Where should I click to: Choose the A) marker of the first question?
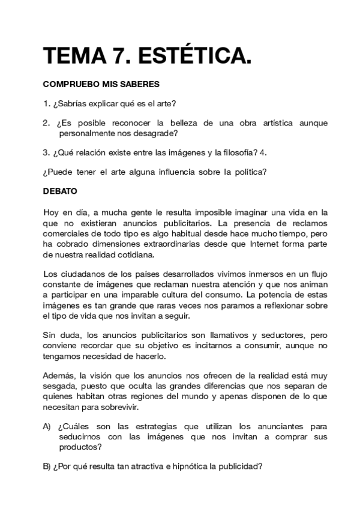click(x=47, y=427)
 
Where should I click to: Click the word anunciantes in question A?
click(x=281, y=427)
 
